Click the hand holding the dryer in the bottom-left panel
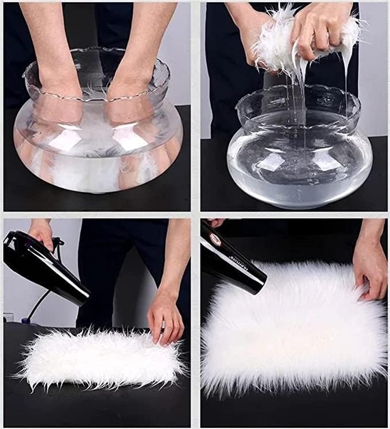coord(42,233)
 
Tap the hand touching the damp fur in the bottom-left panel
coord(165,322)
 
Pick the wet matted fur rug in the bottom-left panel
coord(98,357)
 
